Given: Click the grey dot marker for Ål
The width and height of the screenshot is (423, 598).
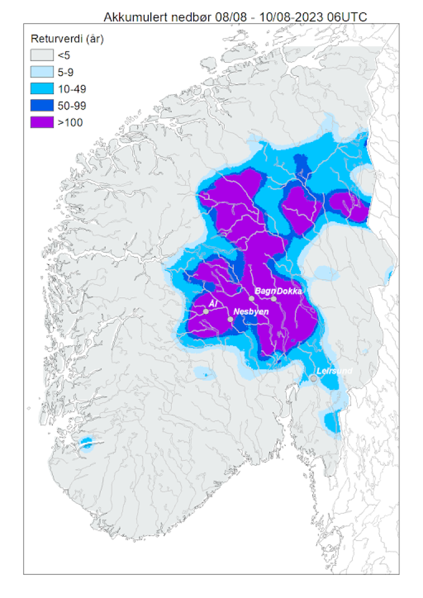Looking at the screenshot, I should point(205,311).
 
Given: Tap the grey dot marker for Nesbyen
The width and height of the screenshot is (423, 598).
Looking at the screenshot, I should point(230,319).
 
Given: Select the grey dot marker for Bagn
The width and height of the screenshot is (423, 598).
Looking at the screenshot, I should point(252,298).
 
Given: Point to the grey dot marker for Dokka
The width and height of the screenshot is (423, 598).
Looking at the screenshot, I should point(274,298).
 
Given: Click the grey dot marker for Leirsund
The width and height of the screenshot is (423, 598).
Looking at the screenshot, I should point(313,378).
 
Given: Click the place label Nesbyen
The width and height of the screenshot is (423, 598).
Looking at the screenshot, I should point(251,312).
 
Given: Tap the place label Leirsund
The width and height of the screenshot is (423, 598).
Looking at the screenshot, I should point(334,371).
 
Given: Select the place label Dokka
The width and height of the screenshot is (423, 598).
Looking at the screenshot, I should point(289,291).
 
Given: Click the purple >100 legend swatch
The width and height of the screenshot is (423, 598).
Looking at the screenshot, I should point(42,122).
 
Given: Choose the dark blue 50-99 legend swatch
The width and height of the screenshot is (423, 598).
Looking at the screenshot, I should point(42,105).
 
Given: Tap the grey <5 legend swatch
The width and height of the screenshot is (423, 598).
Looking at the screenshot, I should point(42,55).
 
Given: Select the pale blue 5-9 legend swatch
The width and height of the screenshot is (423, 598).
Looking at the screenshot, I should point(42,72).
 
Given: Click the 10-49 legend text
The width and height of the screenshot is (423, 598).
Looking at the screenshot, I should point(72,89).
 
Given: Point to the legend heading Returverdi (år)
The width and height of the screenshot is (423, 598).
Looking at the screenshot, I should point(67,39).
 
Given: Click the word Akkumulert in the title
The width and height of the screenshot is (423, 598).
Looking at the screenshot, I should point(131,18).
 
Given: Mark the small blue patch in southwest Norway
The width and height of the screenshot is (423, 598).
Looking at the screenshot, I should point(86,443).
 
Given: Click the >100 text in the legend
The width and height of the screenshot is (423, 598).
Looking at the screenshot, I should point(70,122).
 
